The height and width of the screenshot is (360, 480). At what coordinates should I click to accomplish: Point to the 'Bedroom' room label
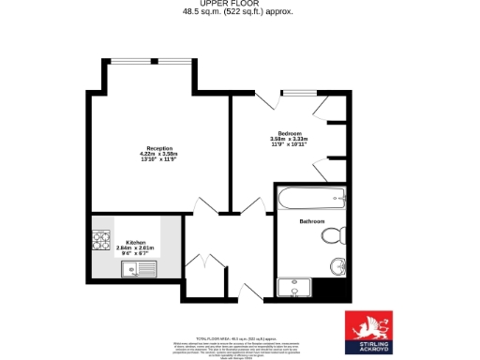point(289,133)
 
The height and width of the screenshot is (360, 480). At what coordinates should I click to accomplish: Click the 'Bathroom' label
point(311,221)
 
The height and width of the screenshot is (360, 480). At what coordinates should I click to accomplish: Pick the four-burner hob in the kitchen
point(100,242)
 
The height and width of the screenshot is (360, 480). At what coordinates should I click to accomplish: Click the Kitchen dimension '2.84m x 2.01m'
point(127,247)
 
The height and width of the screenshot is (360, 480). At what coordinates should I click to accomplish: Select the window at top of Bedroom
point(298,92)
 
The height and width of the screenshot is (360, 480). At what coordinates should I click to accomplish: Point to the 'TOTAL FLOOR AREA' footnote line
point(235,337)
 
